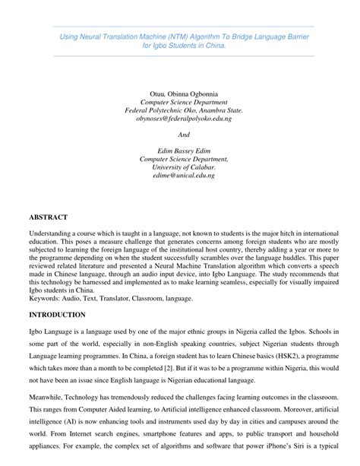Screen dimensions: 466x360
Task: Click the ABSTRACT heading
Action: click(48, 217)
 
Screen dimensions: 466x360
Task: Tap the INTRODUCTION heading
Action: click(57, 314)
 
